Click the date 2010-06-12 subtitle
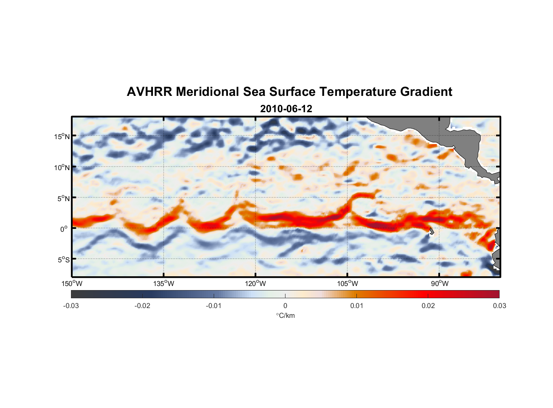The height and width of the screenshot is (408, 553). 286,109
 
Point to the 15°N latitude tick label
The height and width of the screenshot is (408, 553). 62,136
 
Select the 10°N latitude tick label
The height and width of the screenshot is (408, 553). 62,167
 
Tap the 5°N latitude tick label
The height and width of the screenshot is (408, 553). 63,198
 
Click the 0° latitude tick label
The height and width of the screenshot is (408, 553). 64,229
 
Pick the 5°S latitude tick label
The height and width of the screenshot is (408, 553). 63,259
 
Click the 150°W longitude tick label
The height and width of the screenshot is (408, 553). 72,284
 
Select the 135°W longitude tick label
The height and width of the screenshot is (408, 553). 164,284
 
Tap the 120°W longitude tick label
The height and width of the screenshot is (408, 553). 256,284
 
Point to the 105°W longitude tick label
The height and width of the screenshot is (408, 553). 347,284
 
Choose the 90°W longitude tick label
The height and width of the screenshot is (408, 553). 440,284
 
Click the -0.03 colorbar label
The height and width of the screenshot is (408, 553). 71,306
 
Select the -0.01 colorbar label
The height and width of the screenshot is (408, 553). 214,306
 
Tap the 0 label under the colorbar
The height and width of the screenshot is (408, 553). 285,306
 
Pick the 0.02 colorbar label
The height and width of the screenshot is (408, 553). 428,306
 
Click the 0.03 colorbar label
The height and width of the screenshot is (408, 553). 499,306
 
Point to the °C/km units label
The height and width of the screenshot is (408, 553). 285,315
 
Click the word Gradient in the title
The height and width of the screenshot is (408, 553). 426,92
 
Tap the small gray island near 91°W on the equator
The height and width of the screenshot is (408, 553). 431,231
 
